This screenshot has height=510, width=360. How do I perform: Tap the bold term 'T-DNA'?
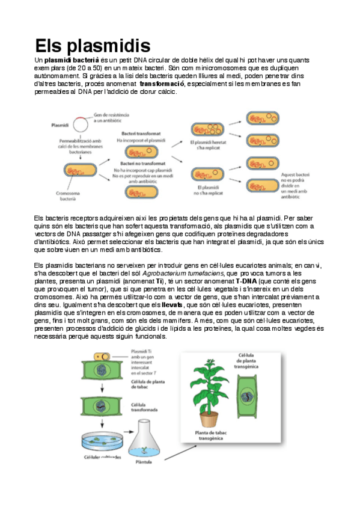click(246, 281)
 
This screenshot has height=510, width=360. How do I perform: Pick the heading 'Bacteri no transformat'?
click(142, 163)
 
